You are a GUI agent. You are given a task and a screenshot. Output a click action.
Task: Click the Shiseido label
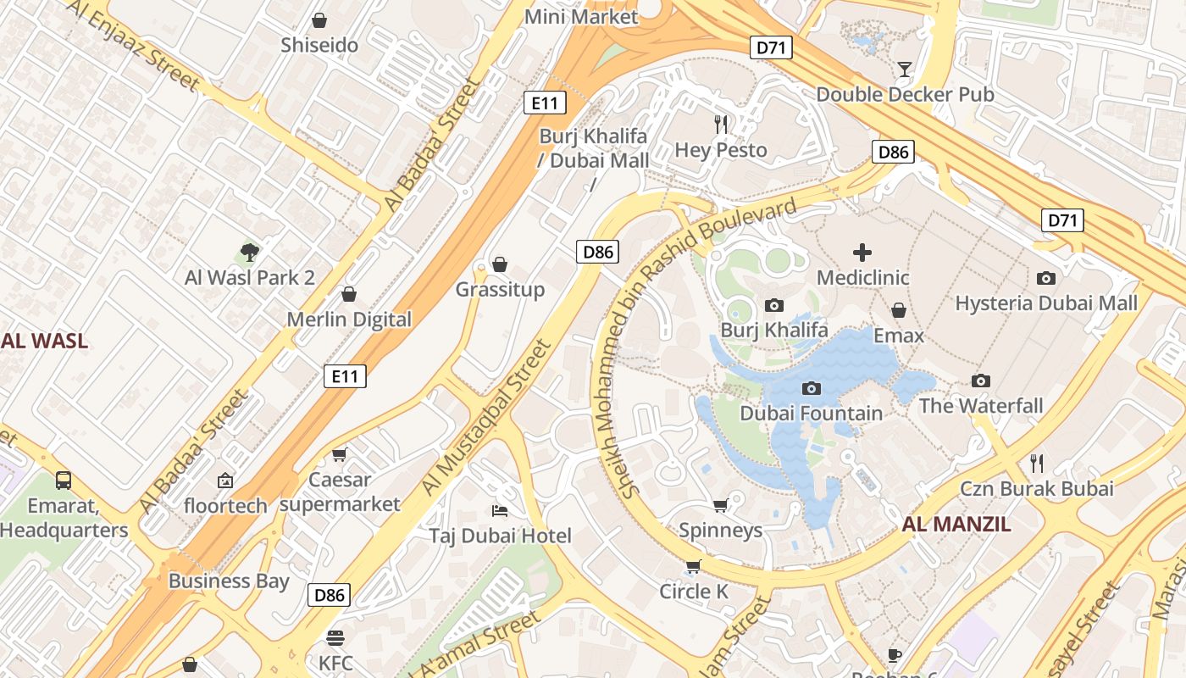tap(319, 45)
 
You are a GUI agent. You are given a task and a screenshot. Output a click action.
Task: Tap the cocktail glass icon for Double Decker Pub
tap(905, 69)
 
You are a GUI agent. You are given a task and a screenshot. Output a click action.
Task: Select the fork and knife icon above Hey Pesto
tap(721, 125)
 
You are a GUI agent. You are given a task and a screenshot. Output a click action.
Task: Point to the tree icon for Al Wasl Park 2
tap(249, 252)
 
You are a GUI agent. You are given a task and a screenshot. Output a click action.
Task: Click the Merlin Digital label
tap(349, 320)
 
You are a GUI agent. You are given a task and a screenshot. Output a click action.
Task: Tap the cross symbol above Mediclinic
tap(862, 253)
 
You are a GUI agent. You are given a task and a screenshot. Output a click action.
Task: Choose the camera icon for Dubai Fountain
tap(812, 389)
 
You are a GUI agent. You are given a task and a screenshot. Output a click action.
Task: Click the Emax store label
tap(899, 336)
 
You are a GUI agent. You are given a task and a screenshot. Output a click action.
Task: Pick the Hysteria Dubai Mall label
tap(1046, 303)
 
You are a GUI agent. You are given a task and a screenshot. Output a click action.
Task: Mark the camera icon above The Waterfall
tap(981, 381)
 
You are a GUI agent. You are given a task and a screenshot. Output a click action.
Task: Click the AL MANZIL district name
tap(956, 524)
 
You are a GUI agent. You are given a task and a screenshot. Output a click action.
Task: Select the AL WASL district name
tap(44, 342)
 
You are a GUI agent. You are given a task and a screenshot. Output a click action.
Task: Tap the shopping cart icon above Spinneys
tap(721, 506)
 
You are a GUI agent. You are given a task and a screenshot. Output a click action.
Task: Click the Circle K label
tap(694, 592)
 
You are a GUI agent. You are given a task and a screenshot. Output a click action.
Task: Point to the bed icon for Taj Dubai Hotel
tap(500, 510)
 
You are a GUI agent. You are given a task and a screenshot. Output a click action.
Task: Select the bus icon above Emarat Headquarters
tap(64, 481)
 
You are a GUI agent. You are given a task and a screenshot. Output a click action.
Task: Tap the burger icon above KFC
tap(336, 637)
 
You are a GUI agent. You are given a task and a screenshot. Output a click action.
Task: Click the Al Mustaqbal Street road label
tap(486, 418)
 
